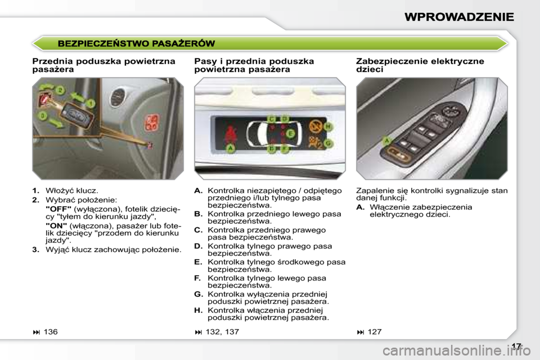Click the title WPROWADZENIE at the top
(459, 16)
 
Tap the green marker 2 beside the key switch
(60, 90)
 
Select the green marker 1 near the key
(90, 103)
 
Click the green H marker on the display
(328, 127)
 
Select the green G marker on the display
(328, 144)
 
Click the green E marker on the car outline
(291, 134)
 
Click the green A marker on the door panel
(387, 141)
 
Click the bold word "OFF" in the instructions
(58, 208)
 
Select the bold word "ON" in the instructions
(56, 224)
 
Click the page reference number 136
(50, 332)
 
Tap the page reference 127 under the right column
(374, 332)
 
